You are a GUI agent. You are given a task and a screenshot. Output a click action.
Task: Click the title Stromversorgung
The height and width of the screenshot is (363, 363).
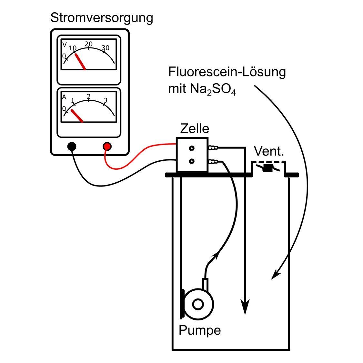click(x=102, y=18)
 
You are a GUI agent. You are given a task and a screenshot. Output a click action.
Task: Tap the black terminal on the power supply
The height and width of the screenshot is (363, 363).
click(x=72, y=146)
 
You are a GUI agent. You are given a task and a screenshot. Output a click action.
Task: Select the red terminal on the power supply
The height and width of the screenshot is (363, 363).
click(x=107, y=146)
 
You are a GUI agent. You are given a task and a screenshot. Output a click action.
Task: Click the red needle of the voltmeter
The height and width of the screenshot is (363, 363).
click(x=80, y=61)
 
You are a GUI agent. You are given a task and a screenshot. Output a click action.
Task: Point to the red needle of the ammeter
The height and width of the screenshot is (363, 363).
click(x=77, y=116)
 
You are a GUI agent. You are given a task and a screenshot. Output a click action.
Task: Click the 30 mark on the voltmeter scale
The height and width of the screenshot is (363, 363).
click(x=106, y=48)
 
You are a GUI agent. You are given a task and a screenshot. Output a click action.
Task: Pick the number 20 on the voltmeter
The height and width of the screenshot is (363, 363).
click(x=89, y=44)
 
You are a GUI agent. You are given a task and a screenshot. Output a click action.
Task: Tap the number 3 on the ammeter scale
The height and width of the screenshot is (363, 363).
click(x=106, y=100)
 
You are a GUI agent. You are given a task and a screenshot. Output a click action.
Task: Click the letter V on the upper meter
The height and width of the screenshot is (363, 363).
click(x=65, y=44)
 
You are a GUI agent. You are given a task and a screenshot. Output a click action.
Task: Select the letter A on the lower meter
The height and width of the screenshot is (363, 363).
click(x=64, y=97)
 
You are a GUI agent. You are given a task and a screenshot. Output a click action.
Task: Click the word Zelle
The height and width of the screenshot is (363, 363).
click(x=195, y=129)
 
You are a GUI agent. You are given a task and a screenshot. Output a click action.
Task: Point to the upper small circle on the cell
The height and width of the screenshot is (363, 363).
click(x=192, y=148)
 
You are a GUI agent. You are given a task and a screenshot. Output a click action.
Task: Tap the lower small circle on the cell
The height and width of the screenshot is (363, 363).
click(x=192, y=161)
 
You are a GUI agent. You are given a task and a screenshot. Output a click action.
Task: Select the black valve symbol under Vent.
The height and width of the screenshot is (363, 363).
click(x=267, y=168)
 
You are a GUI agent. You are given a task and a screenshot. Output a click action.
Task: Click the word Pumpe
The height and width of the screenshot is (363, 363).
click(x=200, y=330)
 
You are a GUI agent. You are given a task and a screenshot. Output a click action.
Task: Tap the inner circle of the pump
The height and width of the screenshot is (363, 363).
click(x=198, y=304)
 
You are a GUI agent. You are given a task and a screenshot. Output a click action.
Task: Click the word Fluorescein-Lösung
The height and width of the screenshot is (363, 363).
click(x=227, y=72)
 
